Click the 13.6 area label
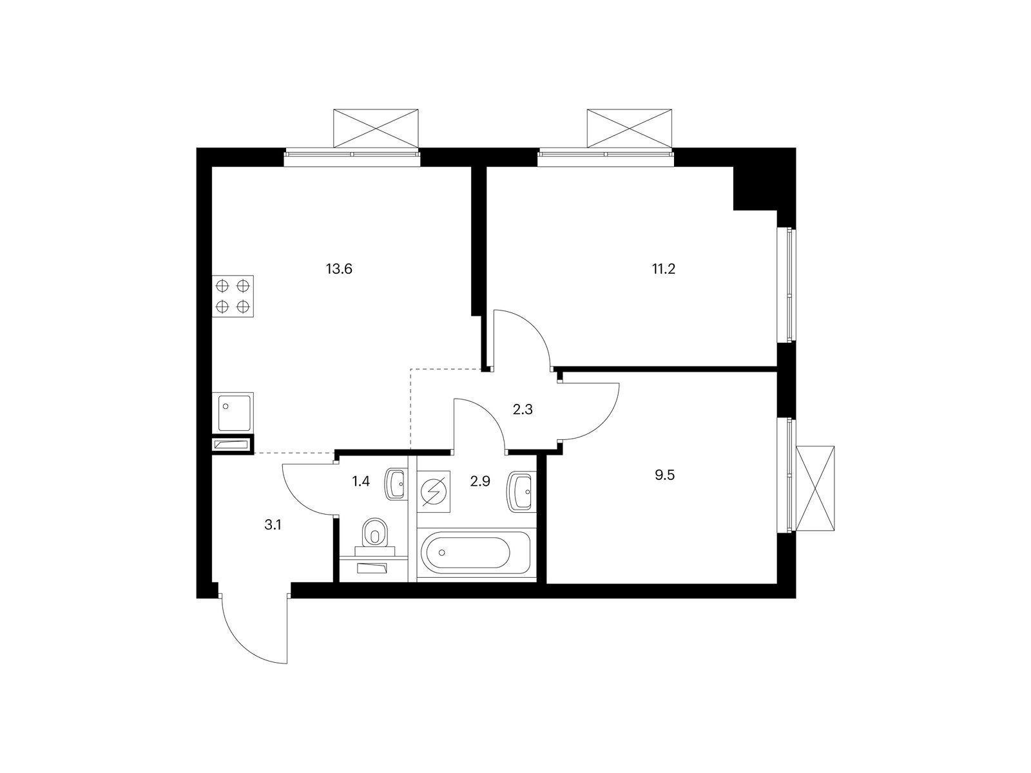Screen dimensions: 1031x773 [x=339, y=269]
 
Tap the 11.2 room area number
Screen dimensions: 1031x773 [x=663, y=269]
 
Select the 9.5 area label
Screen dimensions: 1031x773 [x=664, y=475]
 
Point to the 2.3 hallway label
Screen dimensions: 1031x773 [x=523, y=410]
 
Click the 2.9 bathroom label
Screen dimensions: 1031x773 [x=480, y=481]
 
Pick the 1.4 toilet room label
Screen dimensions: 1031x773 [x=361, y=481]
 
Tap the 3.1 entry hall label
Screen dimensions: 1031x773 [x=273, y=525]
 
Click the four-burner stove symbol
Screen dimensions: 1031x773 [x=233, y=296]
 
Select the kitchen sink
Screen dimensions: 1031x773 [x=233, y=412]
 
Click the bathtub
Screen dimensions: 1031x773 [x=476, y=553]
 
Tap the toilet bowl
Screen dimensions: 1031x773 [x=374, y=533]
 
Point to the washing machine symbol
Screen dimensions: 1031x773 [x=434, y=491]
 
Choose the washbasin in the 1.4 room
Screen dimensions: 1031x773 [x=396, y=483]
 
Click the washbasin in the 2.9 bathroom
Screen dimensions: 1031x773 [x=521, y=491]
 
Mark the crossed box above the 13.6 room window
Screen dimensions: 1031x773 [x=376, y=129]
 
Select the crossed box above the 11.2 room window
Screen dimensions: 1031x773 [x=630, y=129]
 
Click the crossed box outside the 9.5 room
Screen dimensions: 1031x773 [x=815, y=488]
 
